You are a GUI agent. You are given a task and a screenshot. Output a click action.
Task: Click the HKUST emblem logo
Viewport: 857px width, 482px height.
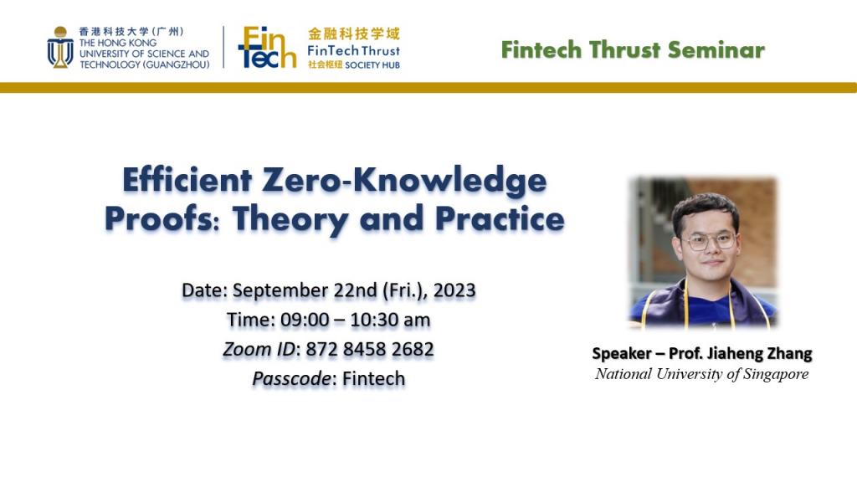point(60,48)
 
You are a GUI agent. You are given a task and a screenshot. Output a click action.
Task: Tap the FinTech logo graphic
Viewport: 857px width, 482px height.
point(267,48)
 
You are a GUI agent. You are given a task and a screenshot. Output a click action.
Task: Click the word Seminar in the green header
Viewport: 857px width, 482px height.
point(716,49)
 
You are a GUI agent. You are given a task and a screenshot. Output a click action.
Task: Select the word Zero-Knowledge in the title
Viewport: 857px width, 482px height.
point(404,181)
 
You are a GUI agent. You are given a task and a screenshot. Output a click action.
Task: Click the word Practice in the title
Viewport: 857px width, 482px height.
point(500,218)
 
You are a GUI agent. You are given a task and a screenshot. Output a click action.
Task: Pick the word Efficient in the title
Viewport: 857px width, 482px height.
point(187,180)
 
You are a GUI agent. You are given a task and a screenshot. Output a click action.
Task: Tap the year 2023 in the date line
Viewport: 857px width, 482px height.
point(454,290)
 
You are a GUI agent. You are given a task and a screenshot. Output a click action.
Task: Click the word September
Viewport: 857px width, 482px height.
point(281,290)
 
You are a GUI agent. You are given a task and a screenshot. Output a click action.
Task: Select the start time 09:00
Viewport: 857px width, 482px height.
point(305,320)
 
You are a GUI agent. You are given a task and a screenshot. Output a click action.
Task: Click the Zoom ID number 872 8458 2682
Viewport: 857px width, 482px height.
point(369,349)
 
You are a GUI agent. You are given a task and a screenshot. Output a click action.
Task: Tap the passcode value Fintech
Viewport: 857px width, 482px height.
point(374,379)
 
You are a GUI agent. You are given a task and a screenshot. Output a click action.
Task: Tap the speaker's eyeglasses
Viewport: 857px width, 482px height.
point(709,241)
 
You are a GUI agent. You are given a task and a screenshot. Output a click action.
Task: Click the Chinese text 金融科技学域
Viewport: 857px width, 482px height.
point(354,33)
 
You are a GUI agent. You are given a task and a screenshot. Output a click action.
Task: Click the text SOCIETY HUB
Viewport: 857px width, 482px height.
point(372,65)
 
